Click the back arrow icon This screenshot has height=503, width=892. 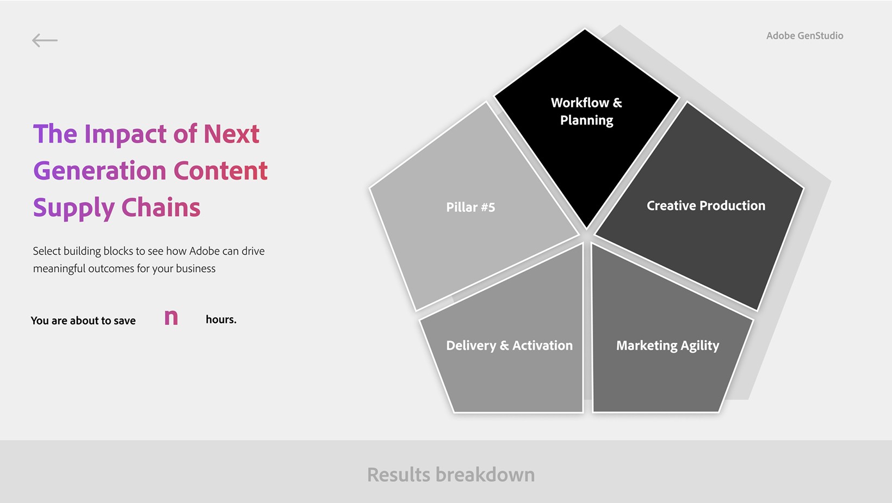tap(45, 40)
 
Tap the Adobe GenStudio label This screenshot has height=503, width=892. tap(804, 36)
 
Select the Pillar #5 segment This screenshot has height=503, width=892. tap(470, 207)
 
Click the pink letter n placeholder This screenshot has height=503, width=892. tap(171, 318)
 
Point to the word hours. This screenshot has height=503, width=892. tap(221, 319)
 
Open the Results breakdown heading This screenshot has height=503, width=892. tap(451, 475)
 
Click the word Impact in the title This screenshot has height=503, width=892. tap(126, 134)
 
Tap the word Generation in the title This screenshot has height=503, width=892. tap(100, 171)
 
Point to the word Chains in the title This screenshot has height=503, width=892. tap(161, 207)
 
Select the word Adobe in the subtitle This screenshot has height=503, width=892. tap(205, 251)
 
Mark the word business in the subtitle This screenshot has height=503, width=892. tap(195, 268)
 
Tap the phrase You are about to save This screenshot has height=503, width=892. tap(83, 321)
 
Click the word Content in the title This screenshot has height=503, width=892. tap(221, 171)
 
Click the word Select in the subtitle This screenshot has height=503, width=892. tap(47, 251)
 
